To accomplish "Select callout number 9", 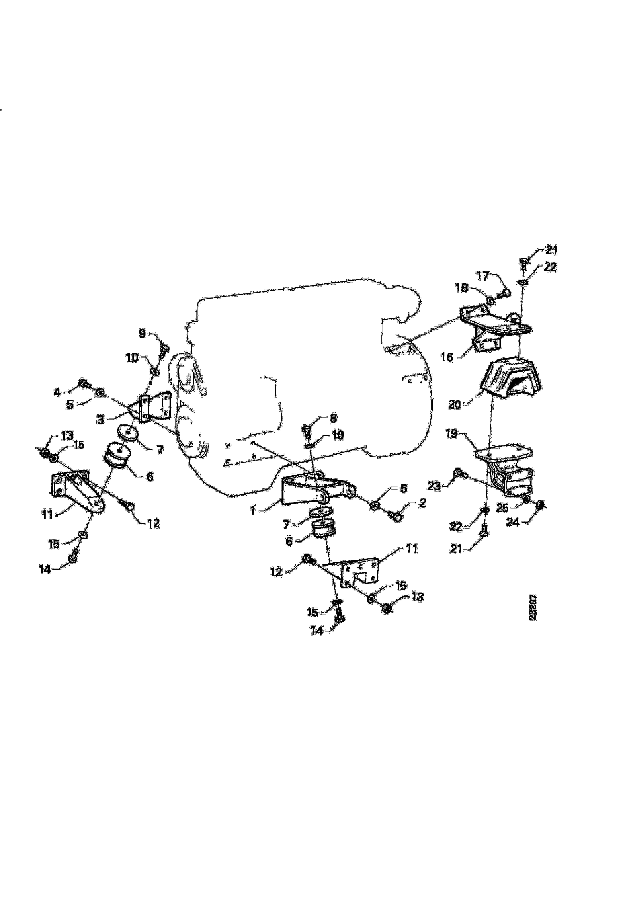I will [x=142, y=334].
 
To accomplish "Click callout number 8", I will [x=333, y=419].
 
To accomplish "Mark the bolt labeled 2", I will [x=395, y=516].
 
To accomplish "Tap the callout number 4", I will [x=57, y=392].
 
